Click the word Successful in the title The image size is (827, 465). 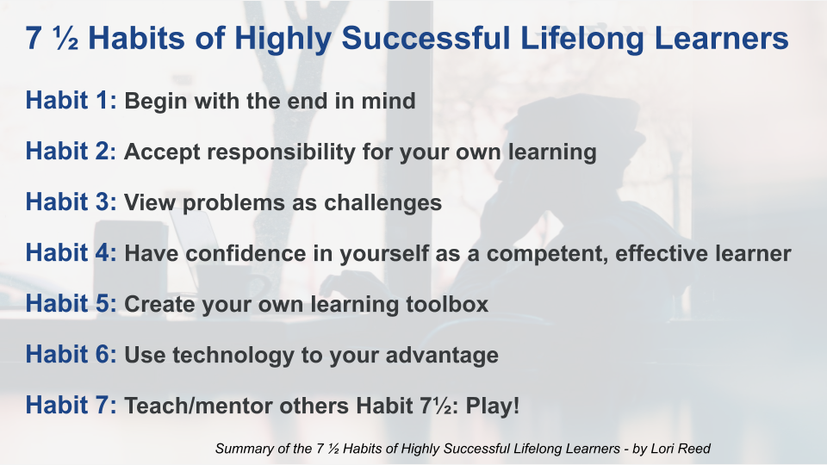426,38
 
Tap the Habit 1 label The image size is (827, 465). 72,100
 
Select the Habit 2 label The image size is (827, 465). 71,151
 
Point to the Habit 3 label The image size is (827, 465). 72,201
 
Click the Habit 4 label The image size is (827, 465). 72,252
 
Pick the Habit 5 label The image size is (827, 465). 72,303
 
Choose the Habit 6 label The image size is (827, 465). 72,354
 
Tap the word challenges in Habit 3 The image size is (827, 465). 382,203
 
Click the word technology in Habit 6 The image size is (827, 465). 233,356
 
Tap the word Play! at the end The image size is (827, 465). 492,406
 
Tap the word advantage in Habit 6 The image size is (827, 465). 442,356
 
